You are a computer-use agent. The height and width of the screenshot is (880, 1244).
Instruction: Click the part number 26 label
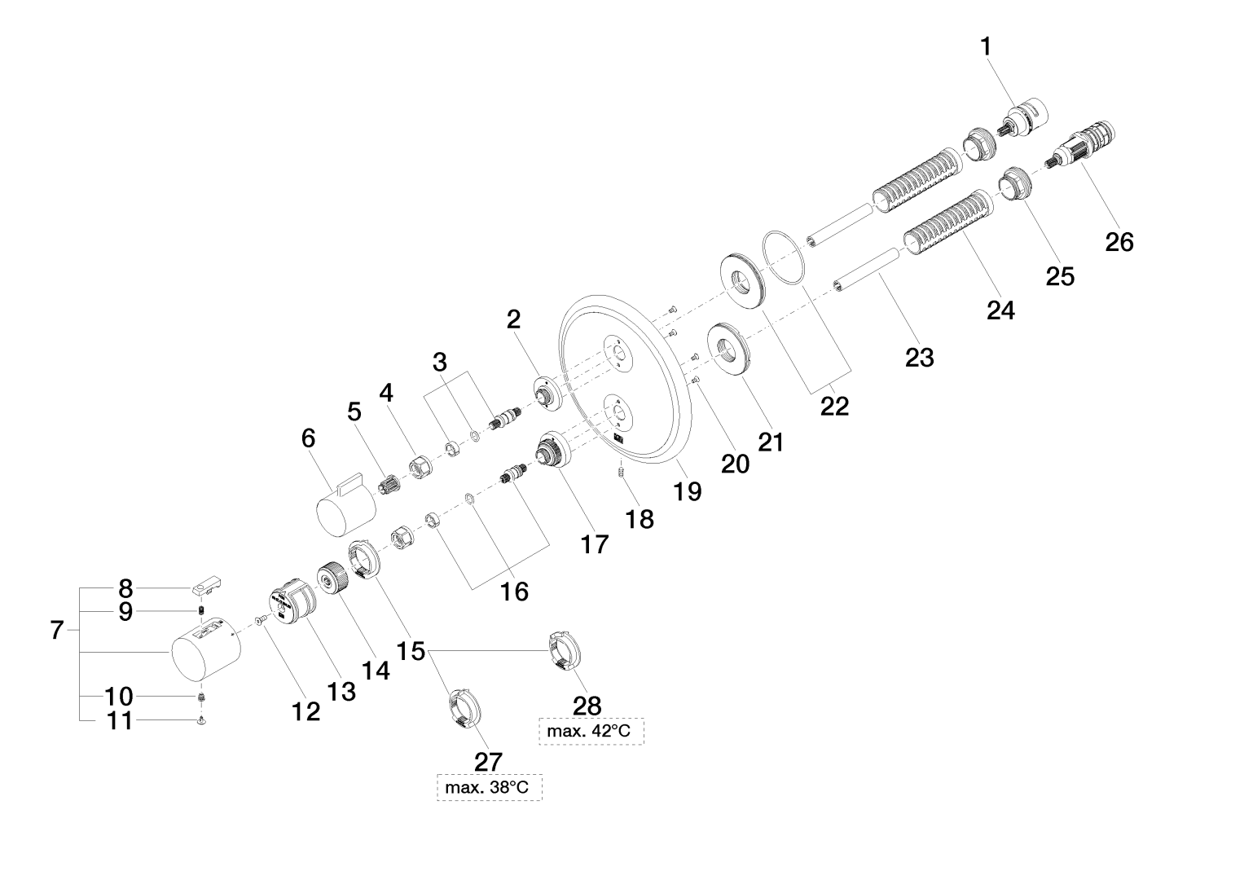point(1119,241)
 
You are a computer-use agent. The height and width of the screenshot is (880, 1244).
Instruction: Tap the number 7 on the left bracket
point(56,630)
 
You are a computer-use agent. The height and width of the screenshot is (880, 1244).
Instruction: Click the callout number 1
point(986,47)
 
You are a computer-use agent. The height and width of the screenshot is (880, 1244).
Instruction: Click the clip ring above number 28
point(564,649)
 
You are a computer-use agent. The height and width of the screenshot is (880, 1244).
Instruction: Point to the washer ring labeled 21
point(728,350)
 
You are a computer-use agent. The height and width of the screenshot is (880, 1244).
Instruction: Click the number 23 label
point(920,356)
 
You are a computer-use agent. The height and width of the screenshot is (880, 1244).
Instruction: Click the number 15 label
point(412,651)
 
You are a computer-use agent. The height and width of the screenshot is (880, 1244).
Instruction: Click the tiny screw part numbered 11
point(200,721)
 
